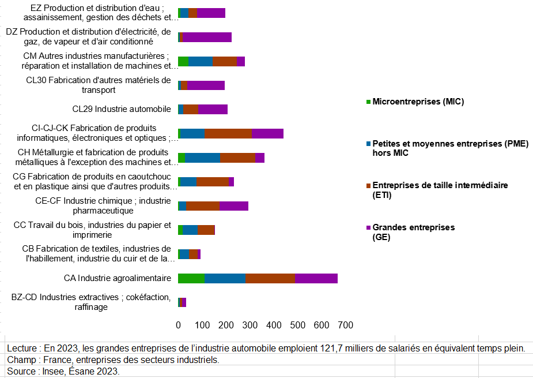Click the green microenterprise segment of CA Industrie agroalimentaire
pos(191,278)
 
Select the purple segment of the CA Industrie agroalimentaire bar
pos(316,278)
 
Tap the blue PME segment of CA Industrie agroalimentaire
pos(225,278)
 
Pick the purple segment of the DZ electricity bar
pos(207,38)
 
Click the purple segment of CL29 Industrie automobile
pos(213,110)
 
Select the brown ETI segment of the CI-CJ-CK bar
pos(228,134)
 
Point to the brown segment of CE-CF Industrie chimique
pos(203,206)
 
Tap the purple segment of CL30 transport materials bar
pos(206,85)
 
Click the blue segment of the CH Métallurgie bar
pos(202,158)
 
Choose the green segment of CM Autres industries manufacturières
pos(183,62)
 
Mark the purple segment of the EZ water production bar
pos(211,13)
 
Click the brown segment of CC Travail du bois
pos(206,230)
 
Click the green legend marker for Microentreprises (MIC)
pos(369,102)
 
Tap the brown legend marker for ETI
pos(369,185)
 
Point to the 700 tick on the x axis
pos(345,326)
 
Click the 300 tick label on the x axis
pos(250,326)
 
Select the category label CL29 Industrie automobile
pos(122,109)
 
